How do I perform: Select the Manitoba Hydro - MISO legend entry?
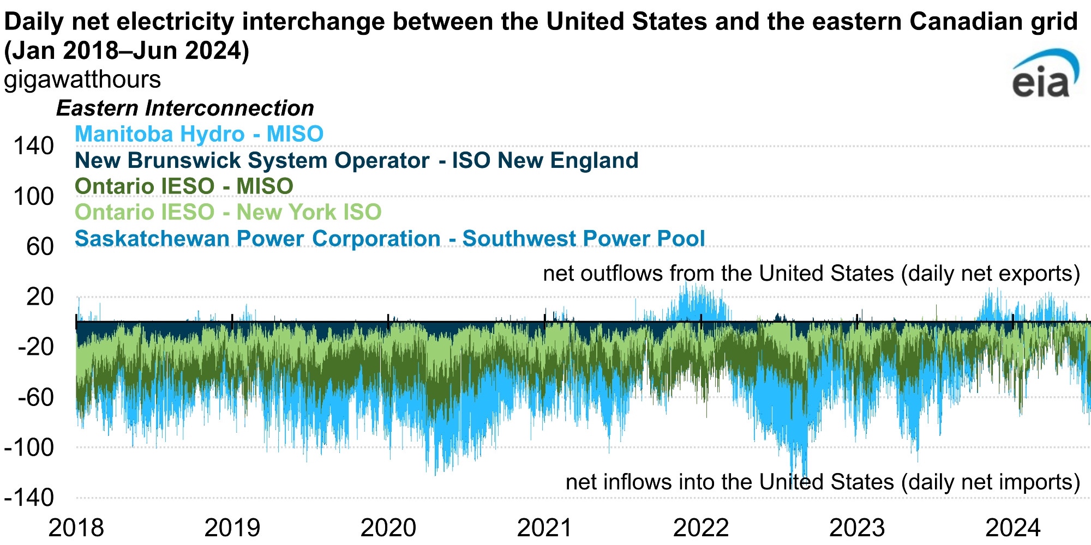point(199,134)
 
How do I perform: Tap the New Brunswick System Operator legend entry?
point(356,161)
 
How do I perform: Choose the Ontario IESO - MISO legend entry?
point(184,186)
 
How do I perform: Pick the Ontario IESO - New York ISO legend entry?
point(228,212)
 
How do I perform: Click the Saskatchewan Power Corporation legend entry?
point(389,239)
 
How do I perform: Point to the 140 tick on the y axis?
point(34,146)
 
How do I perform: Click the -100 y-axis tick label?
point(29,448)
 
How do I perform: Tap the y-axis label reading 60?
point(40,247)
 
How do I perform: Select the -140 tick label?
point(29,498)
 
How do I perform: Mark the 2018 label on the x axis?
point(76,528)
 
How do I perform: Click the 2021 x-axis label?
point(544,528)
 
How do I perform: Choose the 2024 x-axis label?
point(1013,528)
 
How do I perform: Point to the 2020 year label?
point(388,528)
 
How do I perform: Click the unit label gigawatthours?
point(82,80)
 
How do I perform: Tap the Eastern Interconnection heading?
point(185,108)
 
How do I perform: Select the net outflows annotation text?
point(811,274)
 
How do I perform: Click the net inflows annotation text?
point(823,482)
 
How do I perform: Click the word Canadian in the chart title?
point(962,22)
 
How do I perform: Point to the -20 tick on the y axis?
point(36,347)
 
